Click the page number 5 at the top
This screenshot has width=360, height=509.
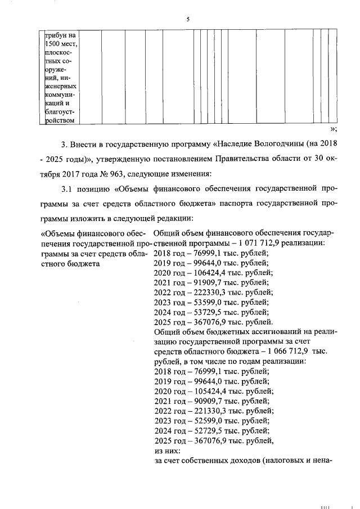188,20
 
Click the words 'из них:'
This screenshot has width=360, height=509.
166,450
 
